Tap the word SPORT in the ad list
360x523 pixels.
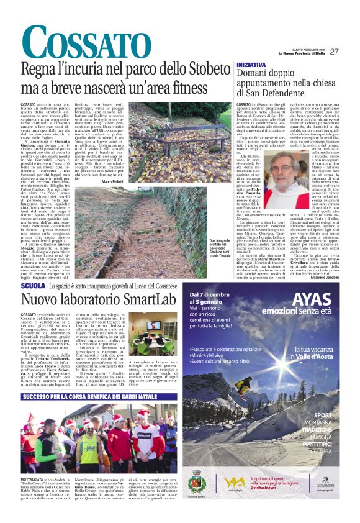pyautogui.click(x=322, y=414)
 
